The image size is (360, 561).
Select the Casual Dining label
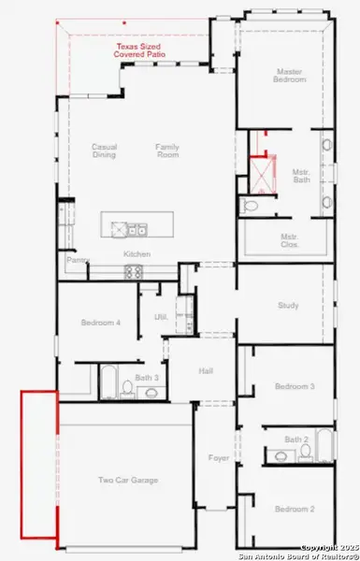[103, 151]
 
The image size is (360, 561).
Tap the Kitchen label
[137, 253]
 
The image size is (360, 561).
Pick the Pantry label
[76, 261]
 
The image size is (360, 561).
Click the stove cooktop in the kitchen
[133, 272]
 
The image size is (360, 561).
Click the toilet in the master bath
[249, 205]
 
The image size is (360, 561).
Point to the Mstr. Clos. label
[289, 241]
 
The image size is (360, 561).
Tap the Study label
[288, 305]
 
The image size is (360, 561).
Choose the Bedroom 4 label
[100, 323]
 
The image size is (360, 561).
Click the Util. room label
[160, 318]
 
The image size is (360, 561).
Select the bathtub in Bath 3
[107, 381]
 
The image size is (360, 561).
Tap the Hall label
[207, 370]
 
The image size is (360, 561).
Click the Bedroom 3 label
[293, 385]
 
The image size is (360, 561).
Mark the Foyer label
[219, 458]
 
